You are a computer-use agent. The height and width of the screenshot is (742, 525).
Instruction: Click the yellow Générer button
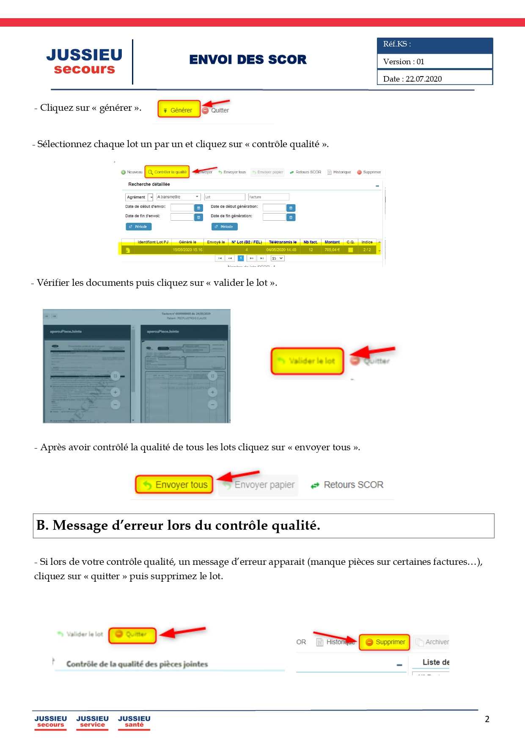click(x=179, y=110)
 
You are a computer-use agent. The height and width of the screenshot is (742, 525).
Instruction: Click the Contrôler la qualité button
click(x=167, y=172)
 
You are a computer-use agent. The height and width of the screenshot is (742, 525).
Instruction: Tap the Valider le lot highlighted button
click(x=308, y=361)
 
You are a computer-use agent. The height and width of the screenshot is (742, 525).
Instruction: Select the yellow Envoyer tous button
click(x=174, y=485)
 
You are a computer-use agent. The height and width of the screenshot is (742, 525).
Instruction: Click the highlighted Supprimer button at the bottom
click(x=385, y=642)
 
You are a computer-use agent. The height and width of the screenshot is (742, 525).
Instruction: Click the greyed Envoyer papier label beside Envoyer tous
click(x=264, y=485)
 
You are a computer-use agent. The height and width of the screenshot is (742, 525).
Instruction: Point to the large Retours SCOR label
click(x=353, y=485)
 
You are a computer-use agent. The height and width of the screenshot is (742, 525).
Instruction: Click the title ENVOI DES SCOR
click(x=248, y=60)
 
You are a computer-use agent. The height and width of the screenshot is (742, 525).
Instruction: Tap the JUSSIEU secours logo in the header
click(x=84, y=61)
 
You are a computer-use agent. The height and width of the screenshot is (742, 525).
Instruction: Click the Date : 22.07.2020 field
click(x=435, y=78)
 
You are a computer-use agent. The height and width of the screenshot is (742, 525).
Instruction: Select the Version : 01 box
click(x=435, y=61)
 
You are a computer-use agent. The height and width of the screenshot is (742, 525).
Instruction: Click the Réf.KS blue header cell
click(x=435, y=44)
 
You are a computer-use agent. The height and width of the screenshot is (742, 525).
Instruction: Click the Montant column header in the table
click(x=332, y=242)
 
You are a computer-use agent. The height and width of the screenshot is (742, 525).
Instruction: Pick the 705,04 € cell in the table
click(x=332, y=250)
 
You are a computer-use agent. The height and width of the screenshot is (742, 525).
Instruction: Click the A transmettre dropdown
click(x=178, y=197)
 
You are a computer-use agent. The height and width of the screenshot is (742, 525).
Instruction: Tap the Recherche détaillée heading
click(x=149, y=184)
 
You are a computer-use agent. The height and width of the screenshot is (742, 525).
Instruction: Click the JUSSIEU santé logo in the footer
click(x=134, y=721)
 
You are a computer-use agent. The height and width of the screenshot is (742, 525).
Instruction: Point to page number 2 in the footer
click(x=487, y=719)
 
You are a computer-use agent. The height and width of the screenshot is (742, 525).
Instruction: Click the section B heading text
click(x=178, y=526)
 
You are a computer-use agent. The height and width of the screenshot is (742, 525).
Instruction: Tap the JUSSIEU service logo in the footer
click(x=92, y=721)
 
